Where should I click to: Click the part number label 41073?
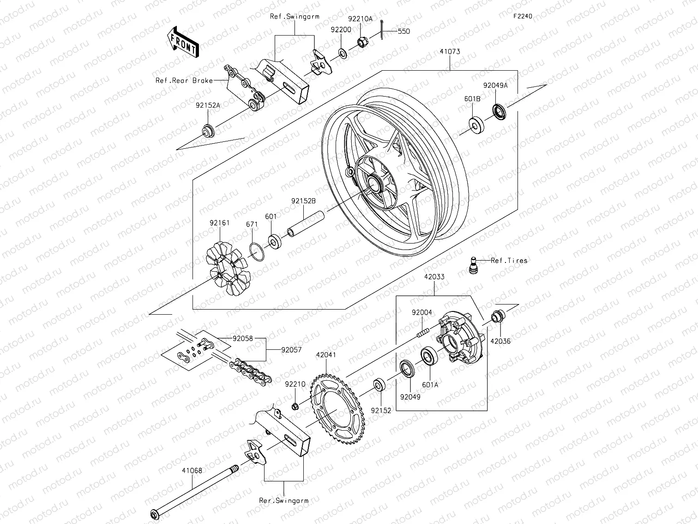tap(450, 52)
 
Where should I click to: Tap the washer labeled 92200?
tap(343, 52)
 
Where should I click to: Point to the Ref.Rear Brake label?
tap(184, 80)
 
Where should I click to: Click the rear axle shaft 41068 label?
tap(192, 470)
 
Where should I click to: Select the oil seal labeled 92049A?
tap(499, 111)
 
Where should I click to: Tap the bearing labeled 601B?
tap(476, 125)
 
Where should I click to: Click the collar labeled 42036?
tap(498, 317)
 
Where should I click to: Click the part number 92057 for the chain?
tap(291, 350)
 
